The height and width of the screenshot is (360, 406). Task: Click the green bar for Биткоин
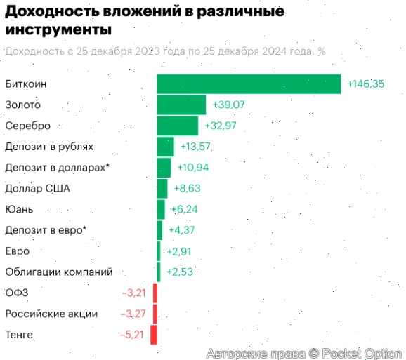(x=249, y=84)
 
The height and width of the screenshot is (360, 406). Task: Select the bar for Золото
(x=181, y=105)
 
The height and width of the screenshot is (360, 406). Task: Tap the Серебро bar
(x=177, y=126)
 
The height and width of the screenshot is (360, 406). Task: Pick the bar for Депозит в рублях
(x=165, y=147)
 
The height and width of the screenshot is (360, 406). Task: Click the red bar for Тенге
(x=154, y=335)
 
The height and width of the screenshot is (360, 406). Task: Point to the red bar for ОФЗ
(x=155, y=293)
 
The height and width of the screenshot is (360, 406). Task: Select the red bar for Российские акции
(x=155, y=314)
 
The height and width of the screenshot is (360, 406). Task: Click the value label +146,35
(x=365, y=84)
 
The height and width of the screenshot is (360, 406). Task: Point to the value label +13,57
(x=196, y=147)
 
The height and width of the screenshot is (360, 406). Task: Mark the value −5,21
(x=131, y=335)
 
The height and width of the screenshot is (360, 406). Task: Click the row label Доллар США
(x=37, y=188)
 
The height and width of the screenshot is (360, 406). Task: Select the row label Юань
(x=19, y=209)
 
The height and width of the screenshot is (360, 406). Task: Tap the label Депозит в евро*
(x=45, y=230)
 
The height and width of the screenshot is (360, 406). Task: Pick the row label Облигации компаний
(x=58, y=272)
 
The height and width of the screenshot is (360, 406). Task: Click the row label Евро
(x=17, y=251)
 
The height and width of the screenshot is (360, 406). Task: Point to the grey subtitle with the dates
(x=164, y=51)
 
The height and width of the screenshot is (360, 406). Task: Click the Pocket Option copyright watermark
(x=304, y=353)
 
